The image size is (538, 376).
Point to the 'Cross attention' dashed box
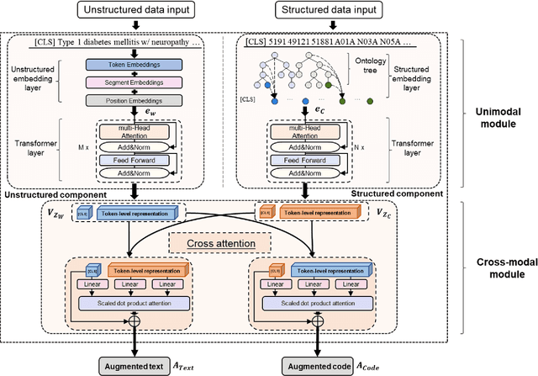pyautogui.click(x=220, y=243)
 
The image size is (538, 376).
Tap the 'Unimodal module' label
pyautogui.click(x=495, y=119)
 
